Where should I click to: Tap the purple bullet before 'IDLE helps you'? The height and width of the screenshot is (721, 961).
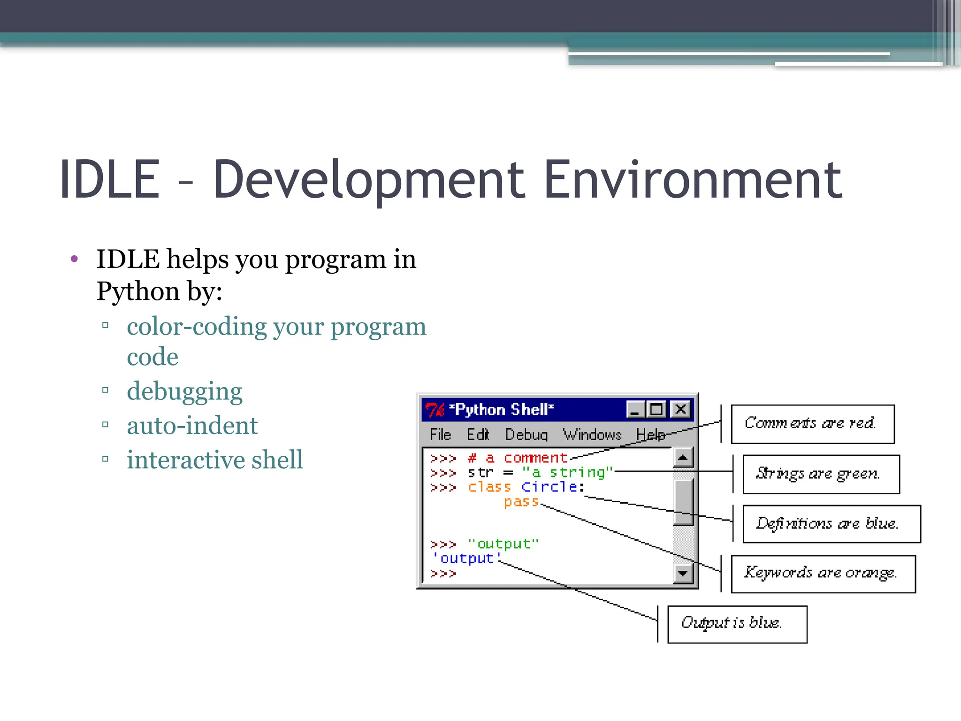click(x=74, y=259)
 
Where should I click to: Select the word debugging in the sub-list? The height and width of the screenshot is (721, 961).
click(x=184, y=391)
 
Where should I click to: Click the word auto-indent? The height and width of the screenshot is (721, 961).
click(x=192, y=425)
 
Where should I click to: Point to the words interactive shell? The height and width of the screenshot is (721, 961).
click(x=215, y=460)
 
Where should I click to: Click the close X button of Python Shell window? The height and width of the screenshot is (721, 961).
click(x=680, y=409)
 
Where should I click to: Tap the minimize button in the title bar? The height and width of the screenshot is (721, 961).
click(x=635, y=409)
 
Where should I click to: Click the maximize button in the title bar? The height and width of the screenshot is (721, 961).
click(x=656, y=409)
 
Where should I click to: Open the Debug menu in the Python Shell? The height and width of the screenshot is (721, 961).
click(x=526, y=435)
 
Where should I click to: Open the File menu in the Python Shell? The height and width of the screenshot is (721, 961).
click(x=440, y=435)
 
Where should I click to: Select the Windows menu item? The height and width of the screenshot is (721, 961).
click(x=592, y=435)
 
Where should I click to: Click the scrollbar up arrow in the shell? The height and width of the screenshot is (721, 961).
click(x=683, y=457)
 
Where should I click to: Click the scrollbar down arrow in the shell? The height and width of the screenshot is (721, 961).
click(x=683, y=573)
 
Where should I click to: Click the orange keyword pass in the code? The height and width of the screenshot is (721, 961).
click(x=521, y=502)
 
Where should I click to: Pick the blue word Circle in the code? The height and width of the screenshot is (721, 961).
click(x=549, y=487)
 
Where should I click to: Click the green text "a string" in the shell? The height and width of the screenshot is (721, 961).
click(x=567, y=472)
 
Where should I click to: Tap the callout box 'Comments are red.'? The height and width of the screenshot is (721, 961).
click(x=813, y=424)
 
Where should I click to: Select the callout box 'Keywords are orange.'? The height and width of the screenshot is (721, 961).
click(x=823, y=574)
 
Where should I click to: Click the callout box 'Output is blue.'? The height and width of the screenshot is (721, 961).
click(x=737, y=624)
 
